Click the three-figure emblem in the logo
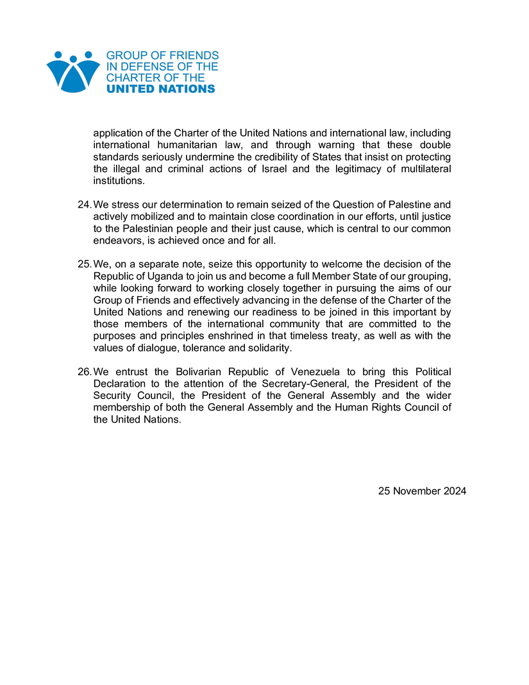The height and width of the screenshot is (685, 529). click(x=73, y=71)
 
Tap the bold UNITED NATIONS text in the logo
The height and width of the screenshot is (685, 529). click(x=160, y=89)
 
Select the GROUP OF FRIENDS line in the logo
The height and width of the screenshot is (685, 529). click(x=162, y=56)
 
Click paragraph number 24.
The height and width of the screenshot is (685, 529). click(x=84, y=205)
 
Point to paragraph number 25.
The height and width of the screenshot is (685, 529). click(x=84, y=264)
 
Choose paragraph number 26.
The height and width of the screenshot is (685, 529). click(x=84, y=372)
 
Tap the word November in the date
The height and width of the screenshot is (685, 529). click(x=412, y=491)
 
